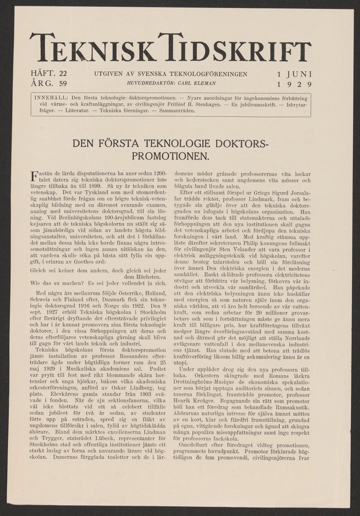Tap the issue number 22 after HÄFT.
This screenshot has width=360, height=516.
(63, 74)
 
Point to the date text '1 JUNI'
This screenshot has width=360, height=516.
(294, 74)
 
